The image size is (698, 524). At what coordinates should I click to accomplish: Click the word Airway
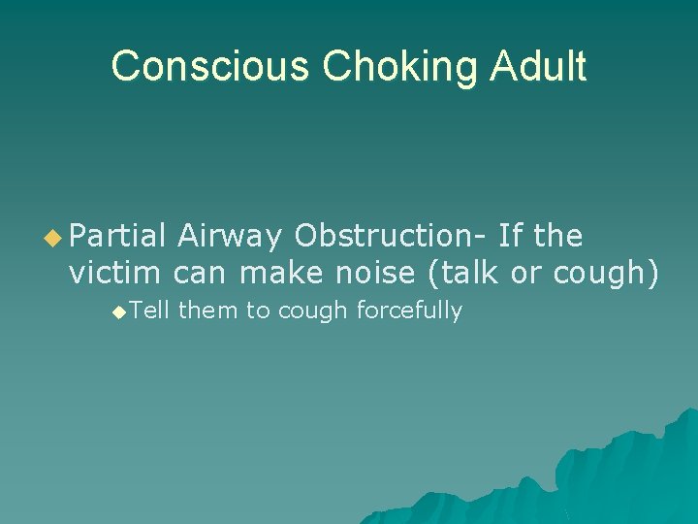coord(229,236)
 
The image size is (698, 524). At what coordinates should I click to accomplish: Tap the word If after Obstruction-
coord(512,236)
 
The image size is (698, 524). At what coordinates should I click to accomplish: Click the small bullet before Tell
coord(118,311)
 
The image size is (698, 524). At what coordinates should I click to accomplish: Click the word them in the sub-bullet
coord(203,311)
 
